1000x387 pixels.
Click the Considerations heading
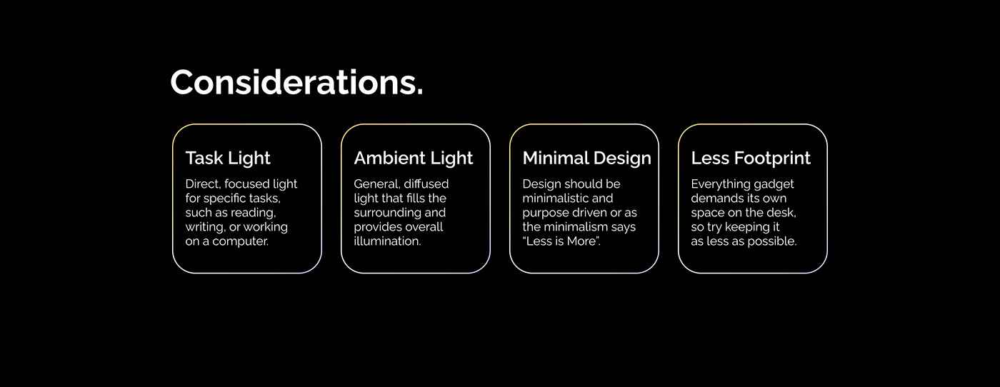coord(296,82)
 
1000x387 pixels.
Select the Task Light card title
coord(228,158)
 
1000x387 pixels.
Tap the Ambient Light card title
coord(414,158)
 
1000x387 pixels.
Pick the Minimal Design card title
coord(586,158)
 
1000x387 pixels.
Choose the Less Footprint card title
coord(751,158)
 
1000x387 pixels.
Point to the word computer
coord(241,241)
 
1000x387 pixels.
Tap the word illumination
coord(387,241)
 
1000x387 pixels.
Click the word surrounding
coord(389,213)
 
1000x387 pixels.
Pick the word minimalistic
coord(558,198)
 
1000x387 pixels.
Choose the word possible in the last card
coord(774,241)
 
